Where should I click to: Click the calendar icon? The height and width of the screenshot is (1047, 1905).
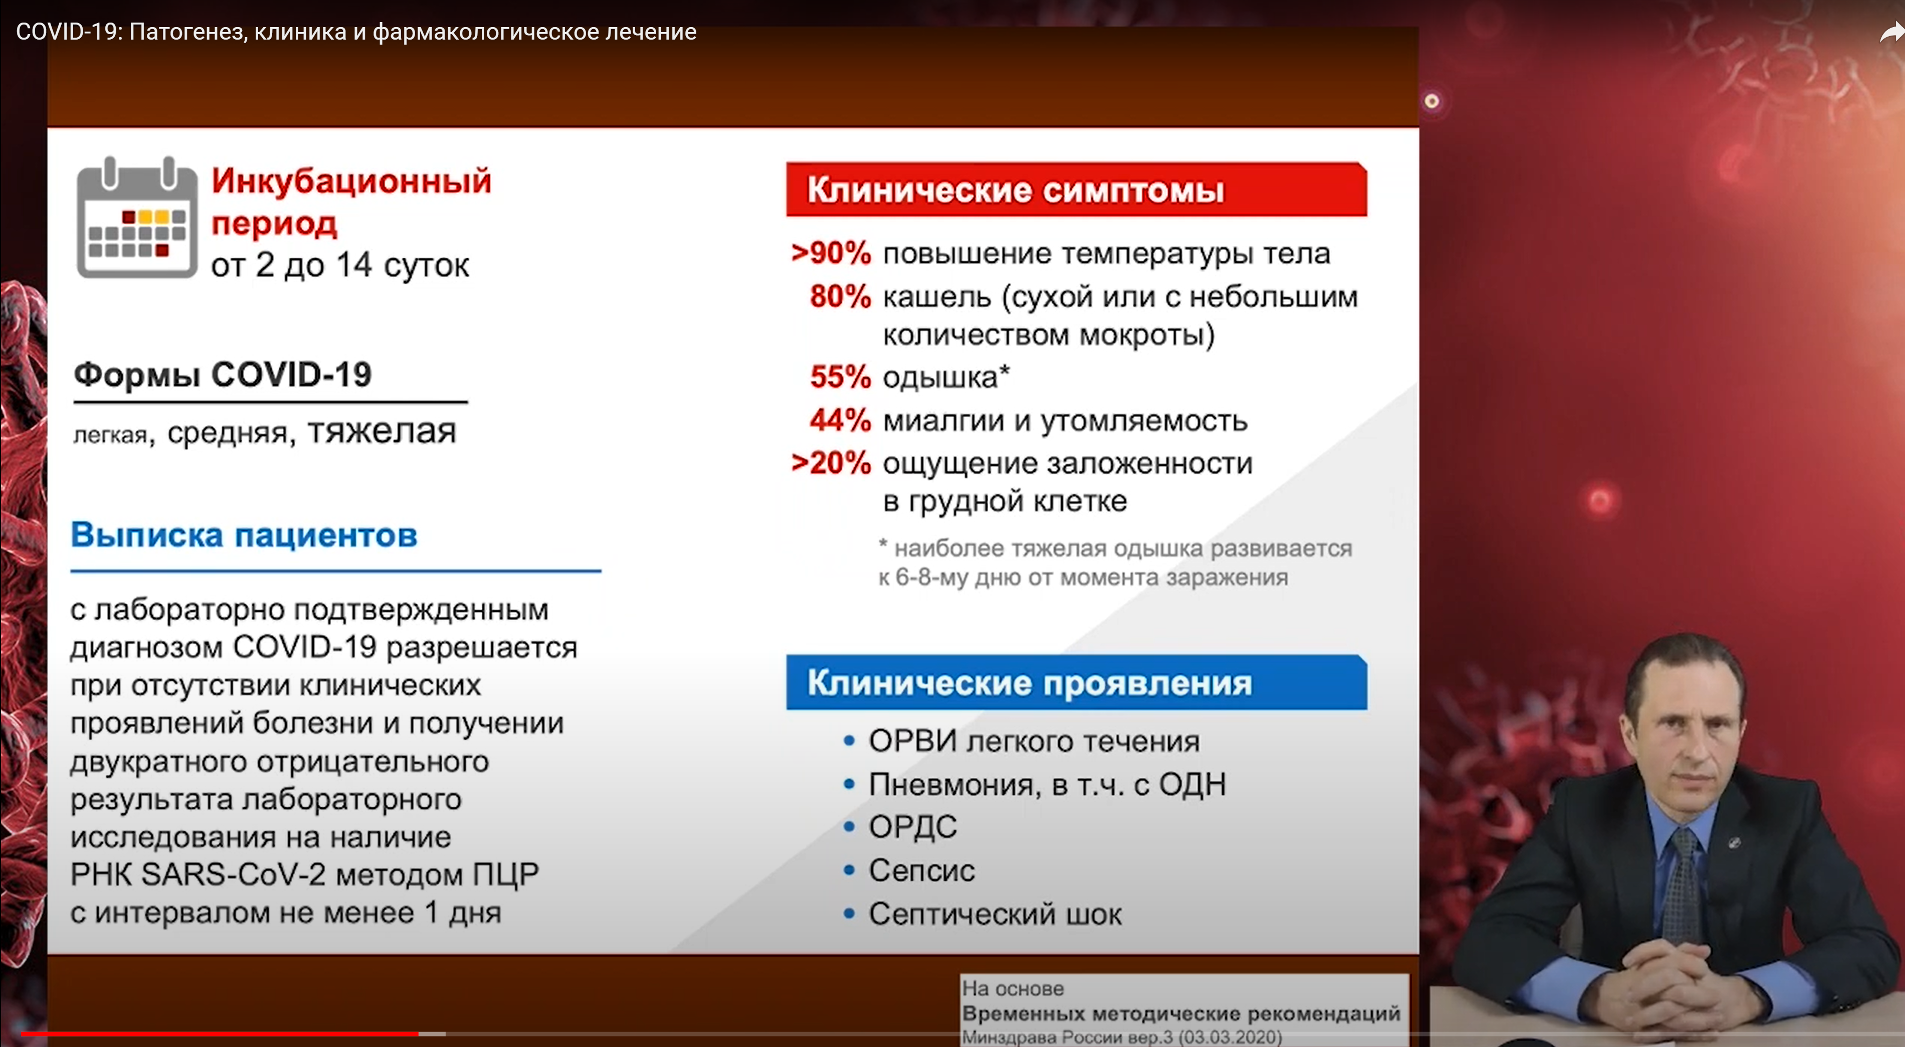pos(137,218)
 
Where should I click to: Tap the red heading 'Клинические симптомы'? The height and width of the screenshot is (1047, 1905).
pos(1015,190)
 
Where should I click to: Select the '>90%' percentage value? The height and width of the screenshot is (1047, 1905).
pos(831,253)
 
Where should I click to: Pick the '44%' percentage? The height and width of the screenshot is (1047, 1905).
pos(840,420)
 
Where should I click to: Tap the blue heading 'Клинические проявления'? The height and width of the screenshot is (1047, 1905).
pos(1029,682)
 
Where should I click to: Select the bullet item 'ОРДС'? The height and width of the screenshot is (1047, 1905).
pos(912,826)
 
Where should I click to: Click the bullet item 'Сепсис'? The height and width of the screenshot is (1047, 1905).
pos(921,870)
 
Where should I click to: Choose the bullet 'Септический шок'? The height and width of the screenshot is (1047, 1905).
pos(994,914)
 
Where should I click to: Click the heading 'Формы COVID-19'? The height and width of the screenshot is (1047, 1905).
pos(223,375)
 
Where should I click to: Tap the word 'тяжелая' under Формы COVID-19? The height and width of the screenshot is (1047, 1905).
pos(382,431)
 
